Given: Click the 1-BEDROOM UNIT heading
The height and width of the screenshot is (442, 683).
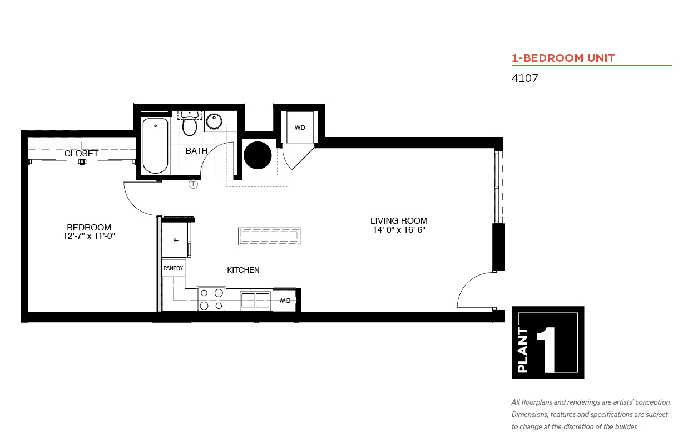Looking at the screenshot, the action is (x=563, y=58).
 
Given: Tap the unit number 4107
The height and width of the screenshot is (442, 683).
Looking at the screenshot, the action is (x=524, y=78).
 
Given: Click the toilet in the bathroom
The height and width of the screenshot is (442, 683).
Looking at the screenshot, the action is (x=190, y=124).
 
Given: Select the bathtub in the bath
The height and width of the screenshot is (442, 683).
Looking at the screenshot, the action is (x=155, y=146).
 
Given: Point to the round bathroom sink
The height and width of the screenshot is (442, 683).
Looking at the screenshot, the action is (x=214, y=121).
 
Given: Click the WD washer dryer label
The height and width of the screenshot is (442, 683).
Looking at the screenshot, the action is (x=300, y=127).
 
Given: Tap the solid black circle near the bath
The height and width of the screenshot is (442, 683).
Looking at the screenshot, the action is (x=258, y=155).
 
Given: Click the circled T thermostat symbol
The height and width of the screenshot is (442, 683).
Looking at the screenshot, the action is (x=193, y=184).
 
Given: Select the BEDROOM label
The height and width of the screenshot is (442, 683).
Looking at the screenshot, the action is (x=89, y=228).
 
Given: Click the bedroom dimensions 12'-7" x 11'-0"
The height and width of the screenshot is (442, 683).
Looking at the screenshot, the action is (x=89, y=236).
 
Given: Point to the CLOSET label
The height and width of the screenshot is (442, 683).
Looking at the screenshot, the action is (x=81, y=153).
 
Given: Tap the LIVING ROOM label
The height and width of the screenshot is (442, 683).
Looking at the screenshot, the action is (x=399, y=220).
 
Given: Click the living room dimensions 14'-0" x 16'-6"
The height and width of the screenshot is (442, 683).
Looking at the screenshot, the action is (x=399, y=229).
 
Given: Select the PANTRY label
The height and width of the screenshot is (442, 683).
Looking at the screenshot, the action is (x=173, y=268).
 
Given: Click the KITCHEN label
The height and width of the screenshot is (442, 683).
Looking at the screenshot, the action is (x=243, y=270).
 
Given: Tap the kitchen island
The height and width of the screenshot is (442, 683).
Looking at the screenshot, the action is (x=270, y=236).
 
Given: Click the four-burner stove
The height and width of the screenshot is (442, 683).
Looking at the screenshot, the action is (x=211, y=299).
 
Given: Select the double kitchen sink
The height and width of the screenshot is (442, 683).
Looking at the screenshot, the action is (x=255, y=301).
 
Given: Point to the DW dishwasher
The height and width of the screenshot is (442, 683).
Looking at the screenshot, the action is (x=285, y=301).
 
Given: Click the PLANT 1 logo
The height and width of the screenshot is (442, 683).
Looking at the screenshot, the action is (x=548, y=342).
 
